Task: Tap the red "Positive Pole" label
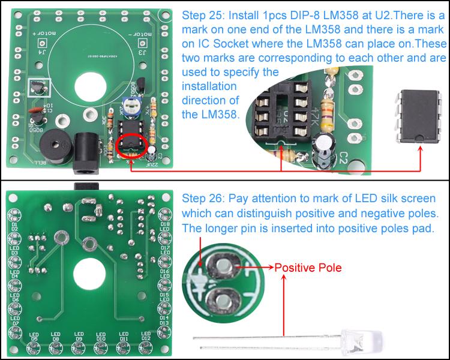(x=308, y=268)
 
